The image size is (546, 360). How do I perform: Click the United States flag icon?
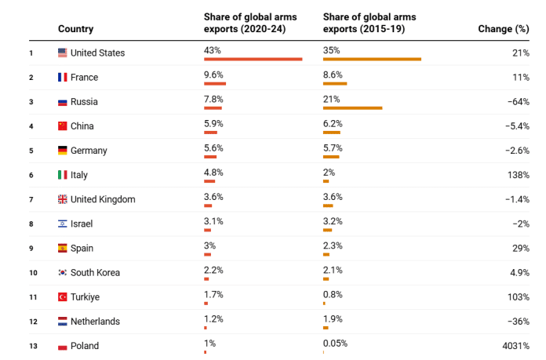pyautogui.click(x=63, y=53)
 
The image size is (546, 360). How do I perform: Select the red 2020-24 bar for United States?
pyautogui.click(x=253, y=60)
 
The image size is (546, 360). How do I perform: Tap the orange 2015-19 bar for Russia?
pyautogui.click(x=352, y=108)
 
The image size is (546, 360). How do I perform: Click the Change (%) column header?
pyautogui.click(x=503, y=29)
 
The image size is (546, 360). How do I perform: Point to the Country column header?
pyautogui.click(x=75, y=29)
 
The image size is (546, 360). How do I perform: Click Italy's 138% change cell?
pyautogui.click(x=518, y=175)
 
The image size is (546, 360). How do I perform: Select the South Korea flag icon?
pyautogui.click(x=63, y=273)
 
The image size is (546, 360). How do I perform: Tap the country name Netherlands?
pyautogui.click(x=96, y=322)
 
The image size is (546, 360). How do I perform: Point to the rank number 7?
pyautogui.click(x=31, y=200)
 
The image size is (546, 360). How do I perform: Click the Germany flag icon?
pyautogui.click(x=63, y=151)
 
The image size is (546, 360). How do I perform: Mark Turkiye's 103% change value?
pyautogui.click(x=518, y=297)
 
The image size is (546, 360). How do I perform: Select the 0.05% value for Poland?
pyautogui.click(x=335, y=344)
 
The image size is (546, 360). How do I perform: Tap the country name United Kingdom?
pyautogui.click(x=103, y=199)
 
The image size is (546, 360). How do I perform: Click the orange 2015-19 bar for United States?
pyautogui.click(x=372, y=60)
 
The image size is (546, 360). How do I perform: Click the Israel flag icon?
pyautogui.click(x=63, y=224)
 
